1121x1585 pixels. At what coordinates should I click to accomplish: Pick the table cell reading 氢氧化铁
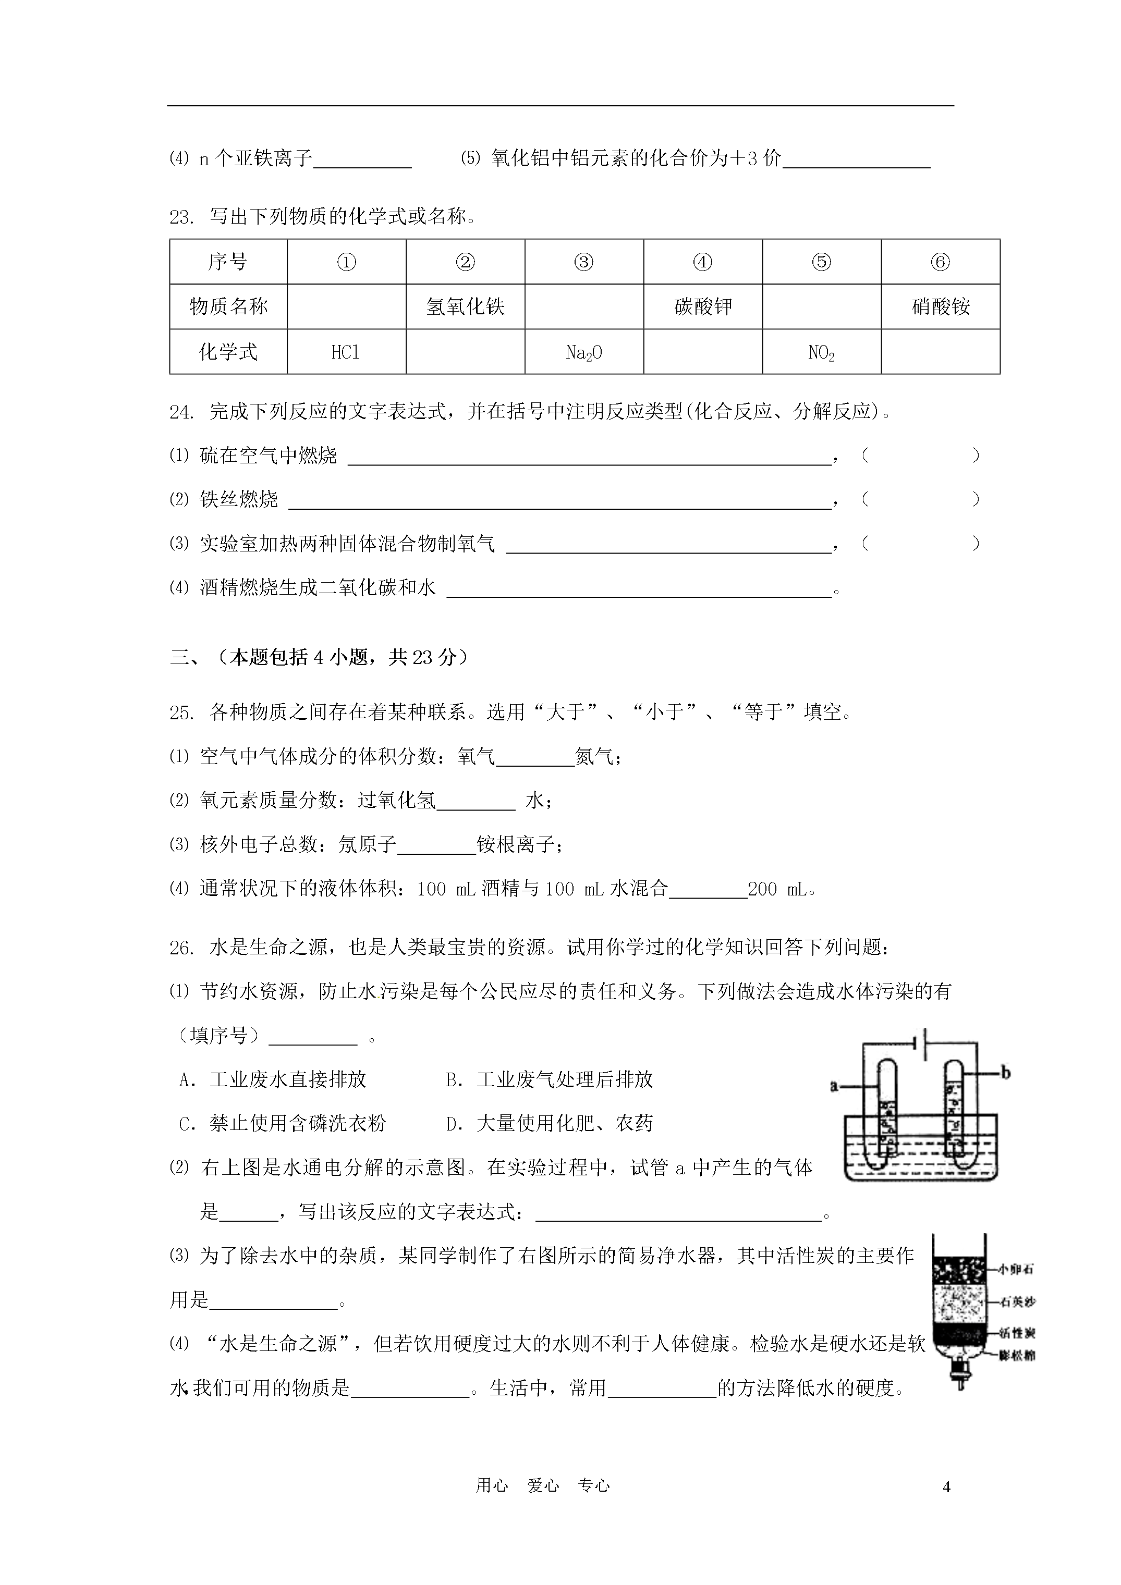465,306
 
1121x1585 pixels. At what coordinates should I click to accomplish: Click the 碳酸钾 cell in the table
702,306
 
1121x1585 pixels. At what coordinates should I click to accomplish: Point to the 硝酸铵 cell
940,306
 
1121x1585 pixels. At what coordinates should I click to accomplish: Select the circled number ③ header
583,262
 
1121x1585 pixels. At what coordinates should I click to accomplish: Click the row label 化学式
228,352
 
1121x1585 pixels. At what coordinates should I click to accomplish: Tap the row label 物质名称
228,306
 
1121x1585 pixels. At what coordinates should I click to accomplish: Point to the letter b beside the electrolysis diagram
1006,1073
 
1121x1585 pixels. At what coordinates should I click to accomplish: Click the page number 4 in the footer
946,1487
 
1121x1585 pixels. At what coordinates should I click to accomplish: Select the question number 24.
180,412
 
